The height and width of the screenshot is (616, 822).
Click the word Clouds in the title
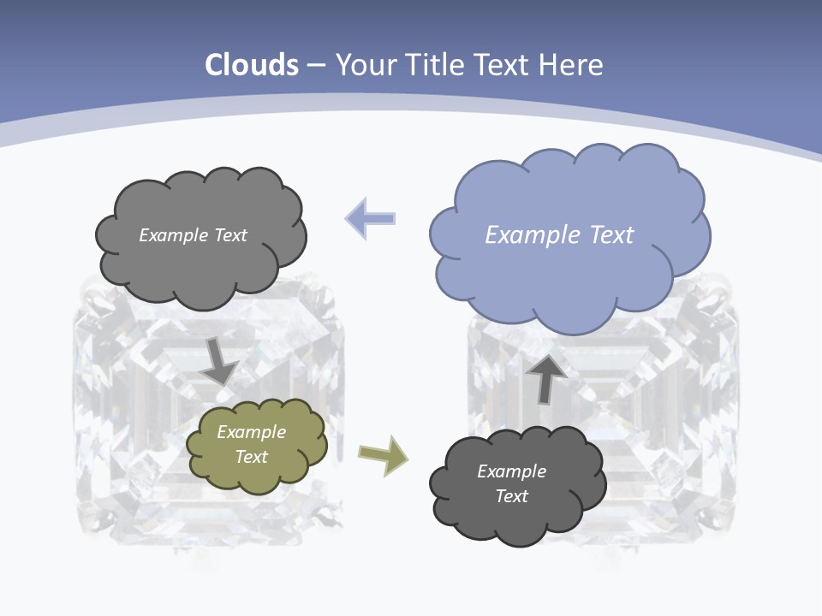pyautogui.click(x=252, y=65)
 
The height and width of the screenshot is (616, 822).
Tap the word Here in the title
pyautogui.click(x=572, y=65)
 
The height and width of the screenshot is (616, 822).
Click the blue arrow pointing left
pyautogui.click(x=371, y=218)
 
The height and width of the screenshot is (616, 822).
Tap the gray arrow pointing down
pyautogui.click(x=220, y=360)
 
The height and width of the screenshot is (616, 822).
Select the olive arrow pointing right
pyautogui.click(x=383, y=454)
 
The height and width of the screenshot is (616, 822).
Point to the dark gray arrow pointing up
pyautogui.click(x=546, y=377)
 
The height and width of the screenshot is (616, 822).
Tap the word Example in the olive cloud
pyautogui.click(x=251, y=432)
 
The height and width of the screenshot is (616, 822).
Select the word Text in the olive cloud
pyautogui.click(x=251, y=457)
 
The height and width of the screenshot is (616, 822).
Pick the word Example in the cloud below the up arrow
pyautogui.click(x=511, y=471)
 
